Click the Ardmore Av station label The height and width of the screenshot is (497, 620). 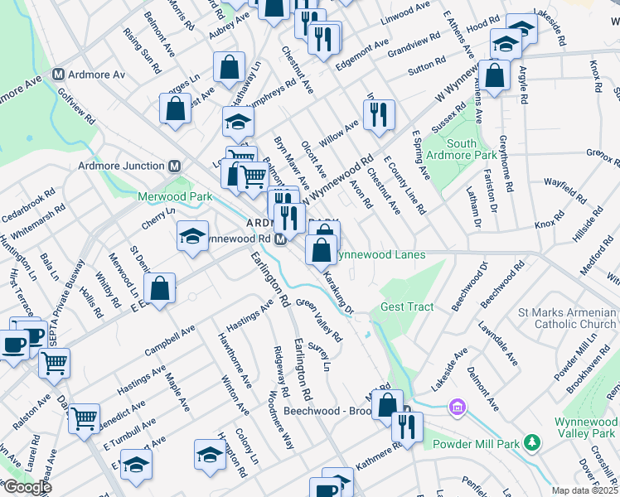[97, 75]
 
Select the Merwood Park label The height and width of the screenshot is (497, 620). [175, 196]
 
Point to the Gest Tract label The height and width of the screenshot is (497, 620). [407, 306]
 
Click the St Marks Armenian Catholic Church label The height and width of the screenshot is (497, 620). [566, 319]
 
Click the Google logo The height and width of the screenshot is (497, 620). [27, 487]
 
